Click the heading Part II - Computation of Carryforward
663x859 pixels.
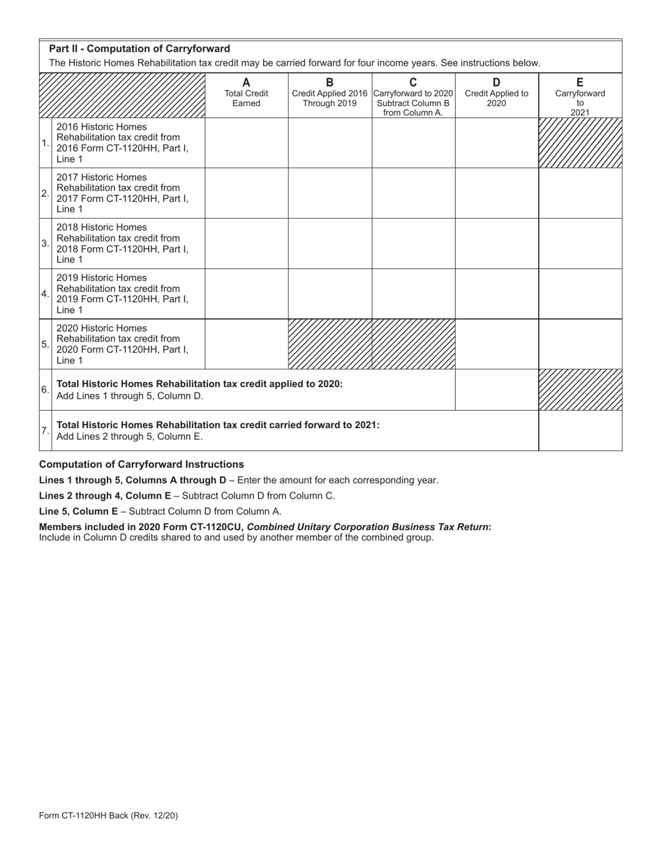(x=140, y=49)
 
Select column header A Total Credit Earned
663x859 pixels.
(x=246, y=93)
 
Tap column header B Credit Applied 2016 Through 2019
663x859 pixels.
(x=330, y=93)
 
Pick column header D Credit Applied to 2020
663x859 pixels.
(x=496, y=93)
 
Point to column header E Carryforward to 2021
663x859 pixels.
(x=580, y=95)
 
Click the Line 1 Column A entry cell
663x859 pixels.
(x=246, y=143)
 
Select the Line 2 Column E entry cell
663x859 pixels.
(x=580, y=193)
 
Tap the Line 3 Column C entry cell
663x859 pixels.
(x=413, y=244)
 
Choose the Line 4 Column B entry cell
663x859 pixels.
(x=330, y=294)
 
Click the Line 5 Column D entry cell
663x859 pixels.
(x=496, y=344)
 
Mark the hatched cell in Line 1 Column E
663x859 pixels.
(x=580, y=143)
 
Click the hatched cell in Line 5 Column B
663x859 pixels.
(x=330, y=344)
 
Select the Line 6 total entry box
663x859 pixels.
(x=496, y=390)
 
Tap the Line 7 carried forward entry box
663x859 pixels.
(x=580, y=431)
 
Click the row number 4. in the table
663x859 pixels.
(x=45, y=294)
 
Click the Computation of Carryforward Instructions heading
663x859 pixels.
(x=142, y=464)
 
